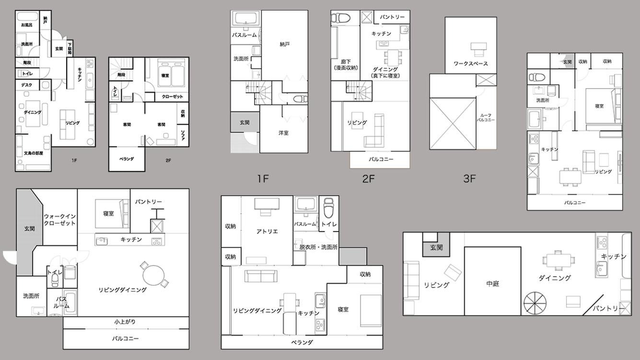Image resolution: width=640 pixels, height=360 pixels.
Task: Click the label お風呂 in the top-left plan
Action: tap(26, 24)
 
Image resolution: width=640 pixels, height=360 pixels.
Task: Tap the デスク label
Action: tap(26, 85)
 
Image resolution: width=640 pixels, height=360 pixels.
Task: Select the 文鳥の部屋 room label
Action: tap(34, 153)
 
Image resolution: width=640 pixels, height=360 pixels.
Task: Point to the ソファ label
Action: tap(183, 136)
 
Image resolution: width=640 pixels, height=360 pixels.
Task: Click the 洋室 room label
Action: tap(284, 133)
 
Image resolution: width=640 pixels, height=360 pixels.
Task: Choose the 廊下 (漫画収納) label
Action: tap(346, 65)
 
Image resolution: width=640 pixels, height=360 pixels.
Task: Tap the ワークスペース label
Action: tap(470, 64)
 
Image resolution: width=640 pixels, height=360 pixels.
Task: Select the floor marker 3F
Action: tap(469, 179)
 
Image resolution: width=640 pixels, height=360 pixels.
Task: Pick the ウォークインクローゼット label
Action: tap(59, 220)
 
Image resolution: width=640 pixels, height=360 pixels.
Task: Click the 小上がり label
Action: tap(125, 322)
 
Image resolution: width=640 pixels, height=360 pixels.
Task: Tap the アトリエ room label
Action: tap(267, 231)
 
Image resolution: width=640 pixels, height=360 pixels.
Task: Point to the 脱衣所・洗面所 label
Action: tap(315, 247)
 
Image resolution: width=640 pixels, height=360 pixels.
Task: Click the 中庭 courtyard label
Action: tap(492, 284)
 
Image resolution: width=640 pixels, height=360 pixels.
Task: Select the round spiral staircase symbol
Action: tap(534, 303)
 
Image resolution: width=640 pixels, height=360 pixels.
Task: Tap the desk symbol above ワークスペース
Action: tap(478, 48)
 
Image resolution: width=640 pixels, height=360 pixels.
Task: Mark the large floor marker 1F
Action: tap(263, 179)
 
